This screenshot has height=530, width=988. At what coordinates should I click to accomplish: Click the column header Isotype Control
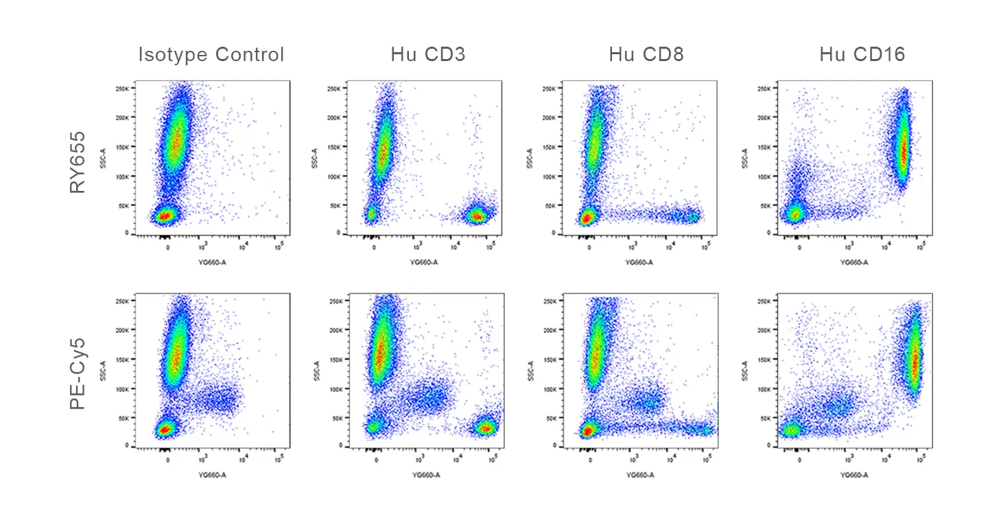(211, 55)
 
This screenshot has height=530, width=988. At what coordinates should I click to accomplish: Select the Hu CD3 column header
(428, 55)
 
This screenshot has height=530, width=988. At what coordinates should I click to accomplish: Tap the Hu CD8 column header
(646, 55)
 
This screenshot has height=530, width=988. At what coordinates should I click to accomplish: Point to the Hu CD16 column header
(862, 55)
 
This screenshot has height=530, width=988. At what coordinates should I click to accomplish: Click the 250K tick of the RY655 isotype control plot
(122, 89)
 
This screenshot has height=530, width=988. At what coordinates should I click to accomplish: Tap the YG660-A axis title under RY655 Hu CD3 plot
(425, 262)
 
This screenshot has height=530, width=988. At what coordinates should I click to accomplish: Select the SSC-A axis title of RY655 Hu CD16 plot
(744, 157)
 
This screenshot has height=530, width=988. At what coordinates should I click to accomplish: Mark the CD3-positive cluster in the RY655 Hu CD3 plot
(476, 216)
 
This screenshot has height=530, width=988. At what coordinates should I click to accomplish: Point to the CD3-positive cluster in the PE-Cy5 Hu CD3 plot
(486, 428)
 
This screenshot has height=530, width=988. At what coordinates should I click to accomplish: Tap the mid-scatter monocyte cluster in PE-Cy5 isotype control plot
(218, 398)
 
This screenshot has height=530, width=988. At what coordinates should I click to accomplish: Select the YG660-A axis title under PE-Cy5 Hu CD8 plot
(639, 474)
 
